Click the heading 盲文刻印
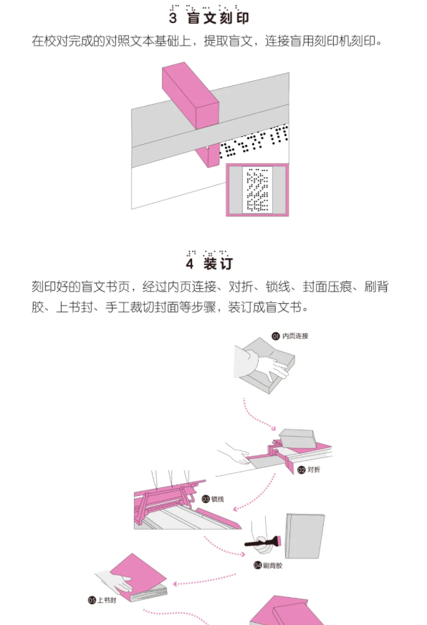point(219,18)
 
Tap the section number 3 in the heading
point(173,18)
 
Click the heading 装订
point(218,264)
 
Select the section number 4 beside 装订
point(190,264)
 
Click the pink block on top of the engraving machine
point(191,95)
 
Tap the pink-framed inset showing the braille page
point(257,189)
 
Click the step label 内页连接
point(295,336)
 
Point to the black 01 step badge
point(276,336)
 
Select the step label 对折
point(314,469)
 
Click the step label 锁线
point(218,499)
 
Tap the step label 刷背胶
point(272,566)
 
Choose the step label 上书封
point(107,601)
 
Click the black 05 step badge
point(92,601)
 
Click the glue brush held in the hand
point(263,542)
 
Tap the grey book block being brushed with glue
point(304,536)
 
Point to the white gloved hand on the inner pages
point(272,367)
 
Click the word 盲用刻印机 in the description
point(320,41)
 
